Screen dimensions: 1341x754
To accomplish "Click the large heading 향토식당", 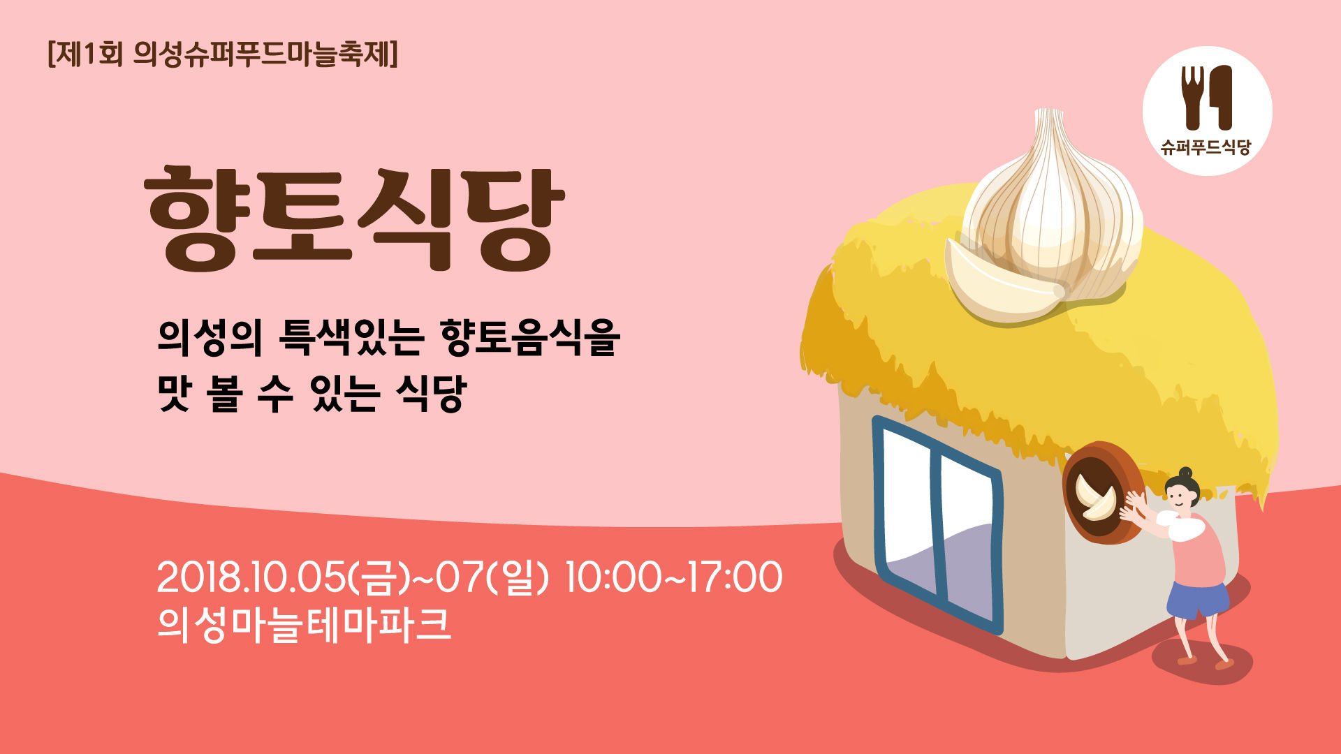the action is click(354, 219).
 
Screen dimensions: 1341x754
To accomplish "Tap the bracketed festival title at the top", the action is click(223, 54).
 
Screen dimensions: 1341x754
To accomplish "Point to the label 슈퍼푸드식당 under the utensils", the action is click(1206, 147).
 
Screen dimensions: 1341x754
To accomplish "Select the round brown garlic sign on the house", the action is click(1103, 493).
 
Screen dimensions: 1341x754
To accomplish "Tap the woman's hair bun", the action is click(1186, 472).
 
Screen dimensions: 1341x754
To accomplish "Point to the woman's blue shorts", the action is click(1197, 600).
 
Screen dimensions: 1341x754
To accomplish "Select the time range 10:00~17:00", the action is click(673, 577).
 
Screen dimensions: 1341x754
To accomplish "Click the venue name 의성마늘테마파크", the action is click(304, 624).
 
